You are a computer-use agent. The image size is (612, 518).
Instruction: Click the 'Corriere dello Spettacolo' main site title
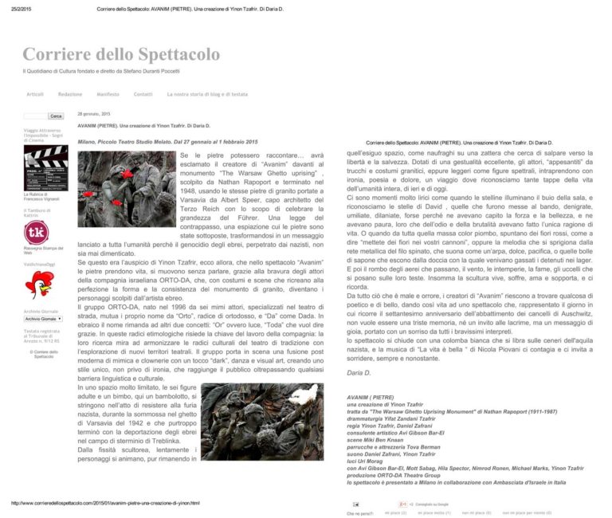120,54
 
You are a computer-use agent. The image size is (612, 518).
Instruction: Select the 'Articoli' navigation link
35,94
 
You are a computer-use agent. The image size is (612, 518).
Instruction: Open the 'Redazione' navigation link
70,94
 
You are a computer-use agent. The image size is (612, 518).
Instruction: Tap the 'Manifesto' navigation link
108,94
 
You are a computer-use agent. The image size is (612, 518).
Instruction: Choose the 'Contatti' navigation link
143,94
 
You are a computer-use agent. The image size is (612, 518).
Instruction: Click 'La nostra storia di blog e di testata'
207,94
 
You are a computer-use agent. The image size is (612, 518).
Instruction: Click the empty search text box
35,116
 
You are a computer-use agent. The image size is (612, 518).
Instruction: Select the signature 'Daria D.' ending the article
359,372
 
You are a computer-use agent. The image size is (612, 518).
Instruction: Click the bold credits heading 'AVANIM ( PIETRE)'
371,397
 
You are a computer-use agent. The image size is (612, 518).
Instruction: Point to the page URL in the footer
105,504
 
